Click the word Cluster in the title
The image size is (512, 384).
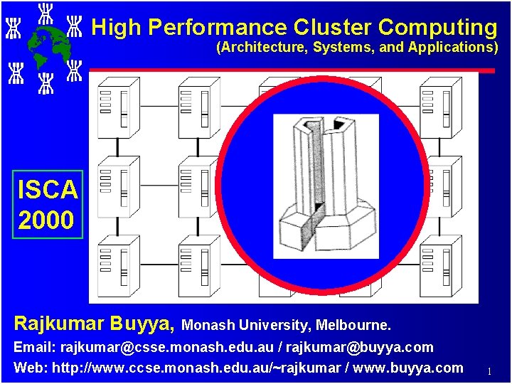click(x=331, y=27)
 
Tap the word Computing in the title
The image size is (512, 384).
click(x=437, y=27)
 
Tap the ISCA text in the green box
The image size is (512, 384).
click(x=48, y=190)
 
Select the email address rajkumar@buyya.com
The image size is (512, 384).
click(x=368, y=348)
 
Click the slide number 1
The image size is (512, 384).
click(x=489, y=370)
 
